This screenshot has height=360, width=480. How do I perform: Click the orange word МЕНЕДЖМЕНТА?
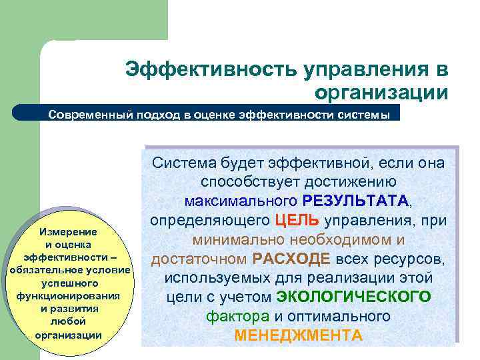298,335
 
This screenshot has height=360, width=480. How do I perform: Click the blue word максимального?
241,201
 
